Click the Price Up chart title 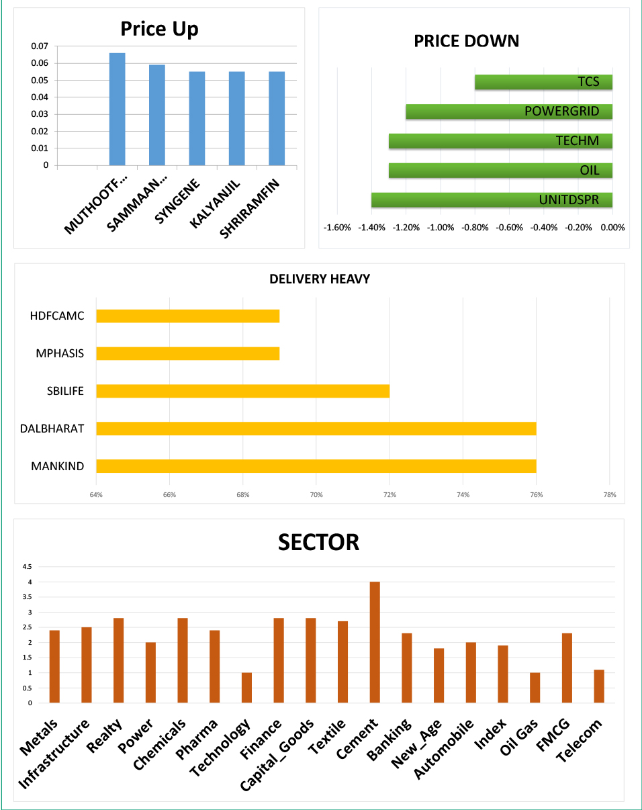pos(159,29)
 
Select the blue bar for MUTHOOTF pos(117,109)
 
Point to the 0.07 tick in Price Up pos(40,46)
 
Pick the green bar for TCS pos(543,82)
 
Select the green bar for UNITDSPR pos(492,200)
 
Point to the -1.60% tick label pos(337,227)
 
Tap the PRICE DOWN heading pos(466,41)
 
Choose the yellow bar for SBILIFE pos(242,391)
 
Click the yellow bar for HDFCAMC pos(187,316)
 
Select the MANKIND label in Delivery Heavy pos(58,466)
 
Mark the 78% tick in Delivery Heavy pos(609,495)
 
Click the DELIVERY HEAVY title pos(320,279)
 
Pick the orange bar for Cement pos(375,642)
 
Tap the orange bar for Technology pos(246,688)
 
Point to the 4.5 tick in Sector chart pos(28,566)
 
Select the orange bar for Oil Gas pos(535,688)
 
